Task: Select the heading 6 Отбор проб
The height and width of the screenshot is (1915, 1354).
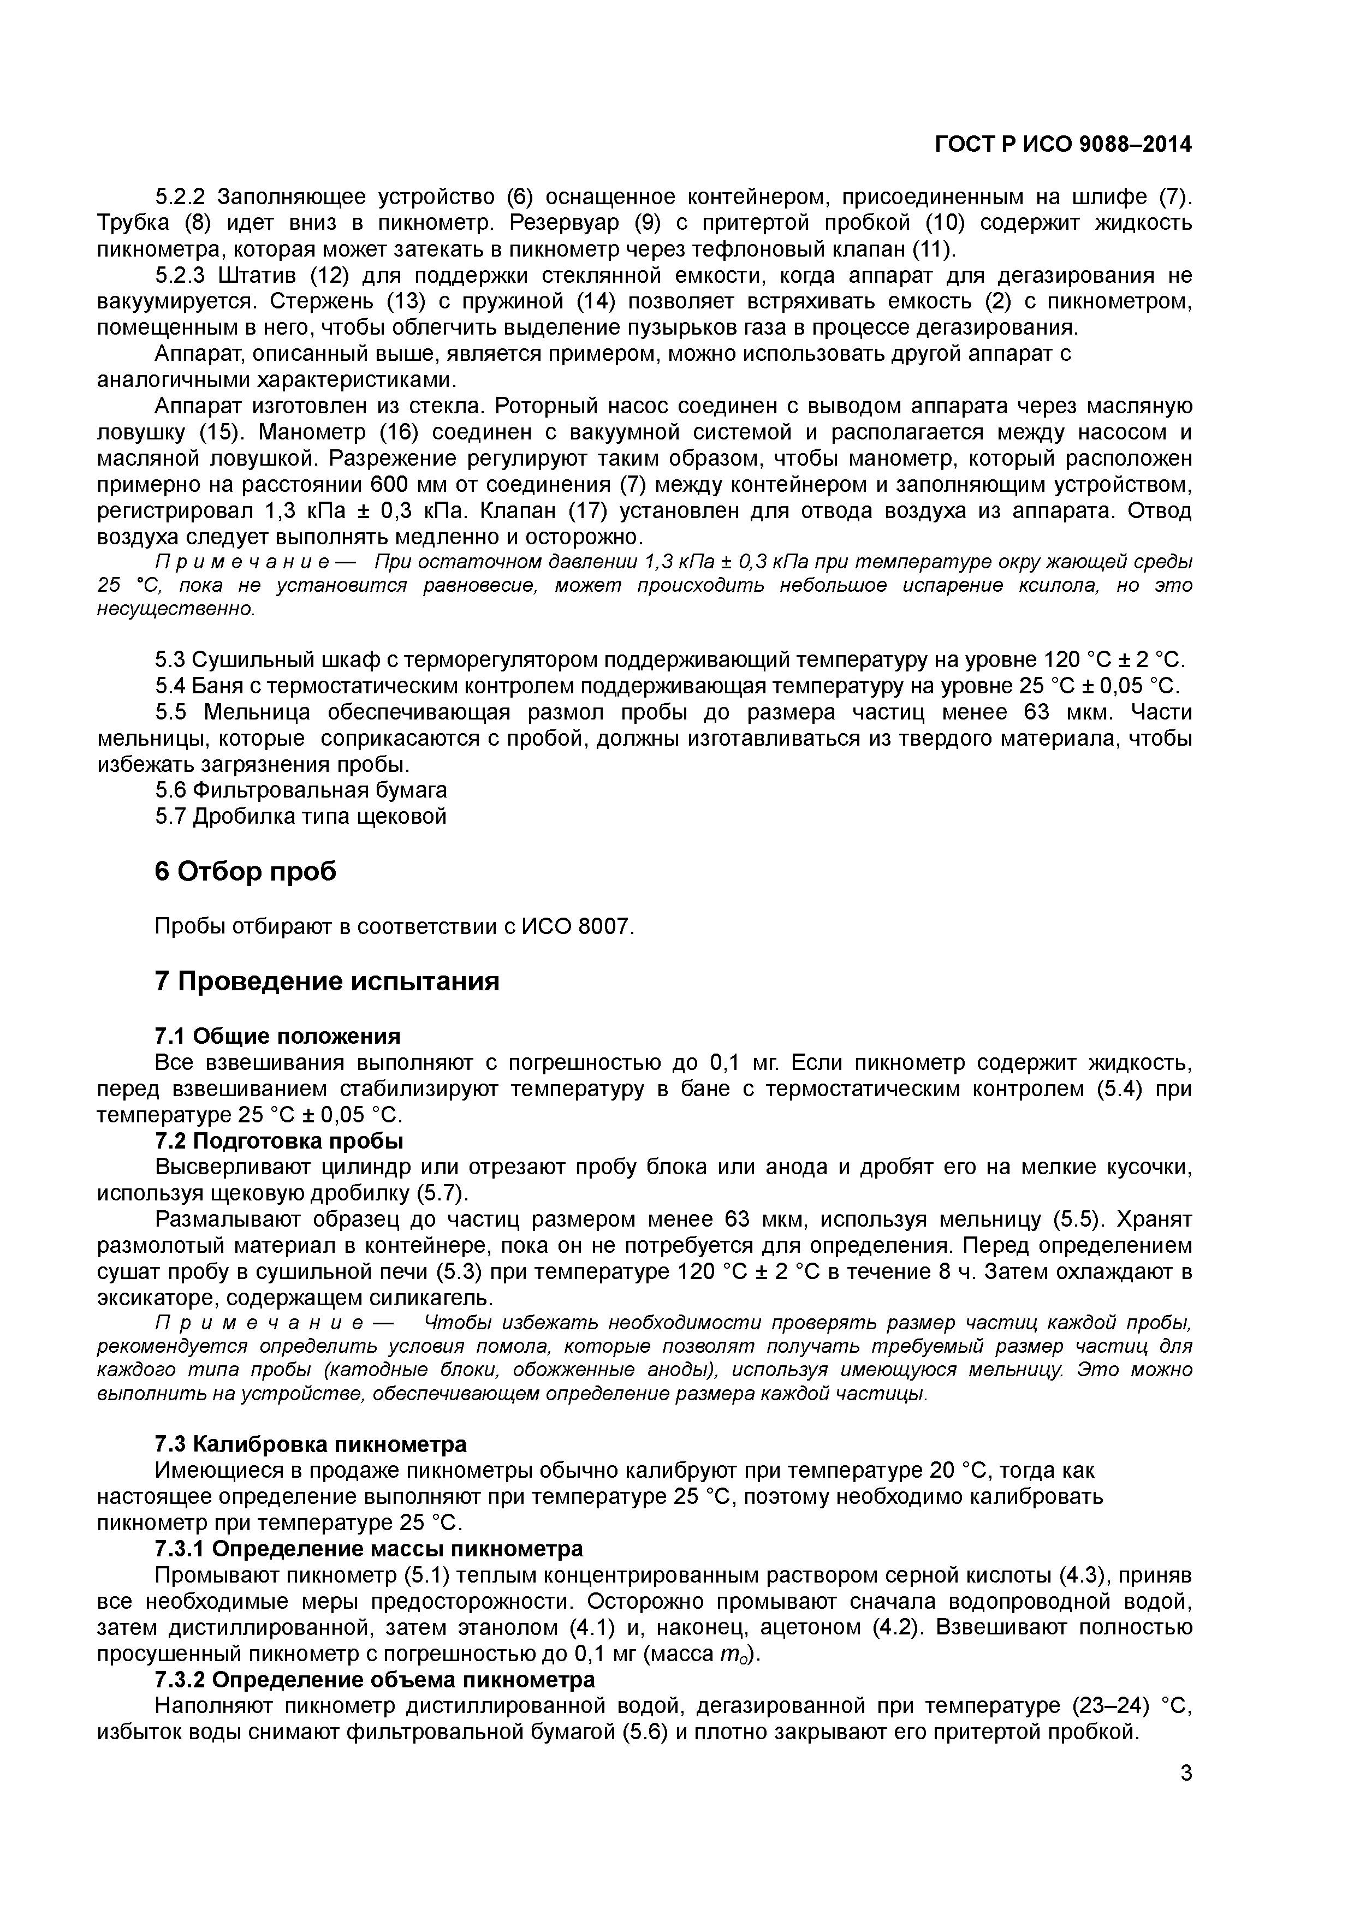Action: point(246,871)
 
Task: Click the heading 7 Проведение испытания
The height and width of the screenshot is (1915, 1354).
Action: point(327,981)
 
